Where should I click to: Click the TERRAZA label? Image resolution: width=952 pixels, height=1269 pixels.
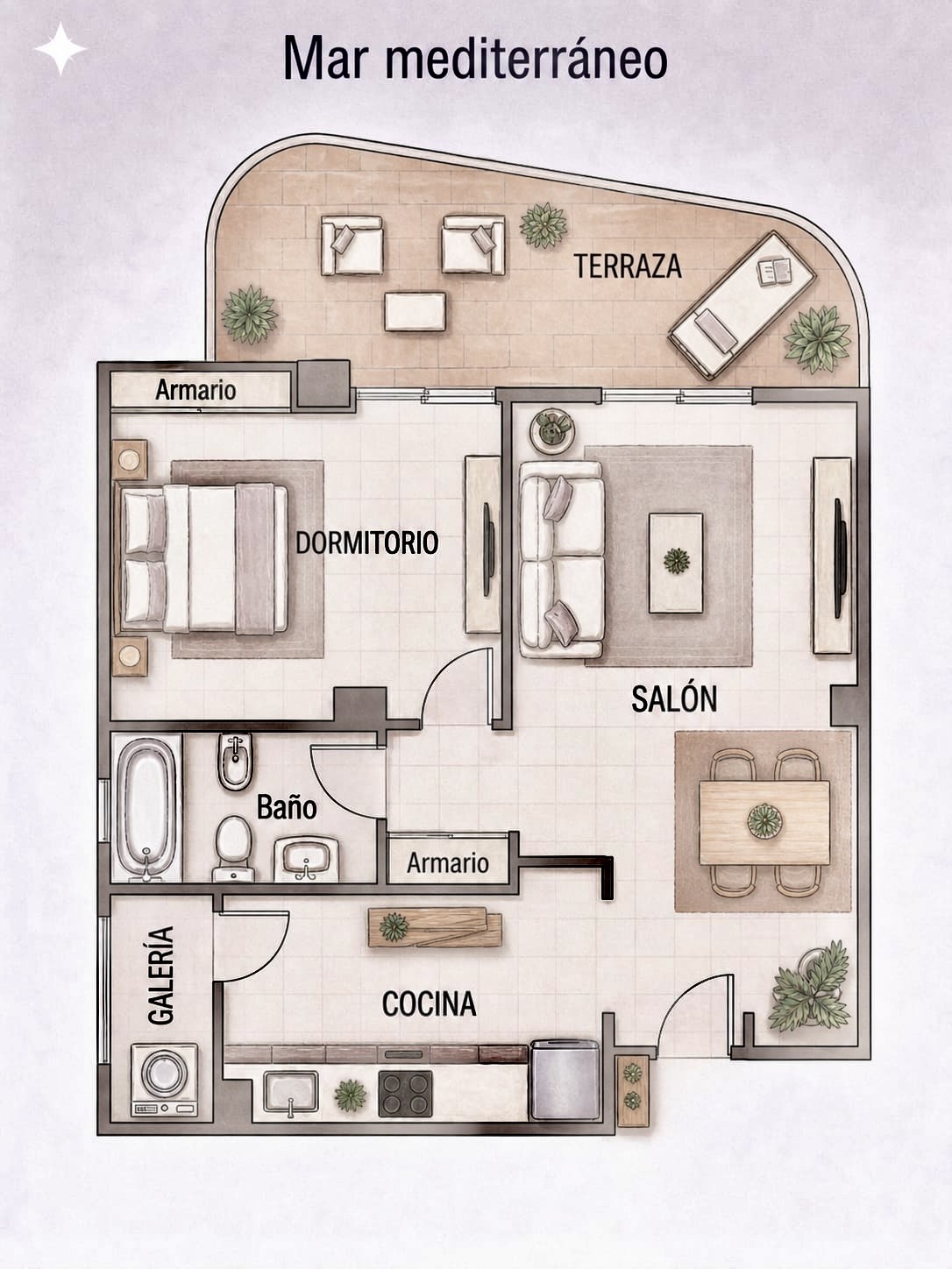click(628, 266)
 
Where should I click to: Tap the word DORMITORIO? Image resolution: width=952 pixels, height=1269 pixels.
click(367, 542)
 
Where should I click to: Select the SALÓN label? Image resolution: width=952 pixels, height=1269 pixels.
click(674, 698)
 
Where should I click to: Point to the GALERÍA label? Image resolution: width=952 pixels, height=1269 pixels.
click(160, 976)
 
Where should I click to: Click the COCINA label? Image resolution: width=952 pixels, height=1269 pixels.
click(429, 1003)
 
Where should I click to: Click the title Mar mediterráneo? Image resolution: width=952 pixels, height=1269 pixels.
click(476, 59)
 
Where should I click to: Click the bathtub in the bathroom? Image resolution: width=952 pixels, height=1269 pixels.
click(146, 808)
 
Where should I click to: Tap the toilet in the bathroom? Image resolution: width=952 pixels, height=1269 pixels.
click(234, 848)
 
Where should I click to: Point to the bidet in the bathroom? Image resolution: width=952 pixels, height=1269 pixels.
click(235, 762)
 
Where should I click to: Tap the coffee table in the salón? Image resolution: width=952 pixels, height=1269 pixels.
click(676, 563)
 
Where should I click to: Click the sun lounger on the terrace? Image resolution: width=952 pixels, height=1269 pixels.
click(742, 305)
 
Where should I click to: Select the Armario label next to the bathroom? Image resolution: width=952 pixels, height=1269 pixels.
click(448, 863)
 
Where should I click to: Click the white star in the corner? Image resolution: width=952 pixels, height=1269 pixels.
click(60, 49)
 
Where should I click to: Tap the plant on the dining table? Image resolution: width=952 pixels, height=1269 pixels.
click(764, 820)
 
